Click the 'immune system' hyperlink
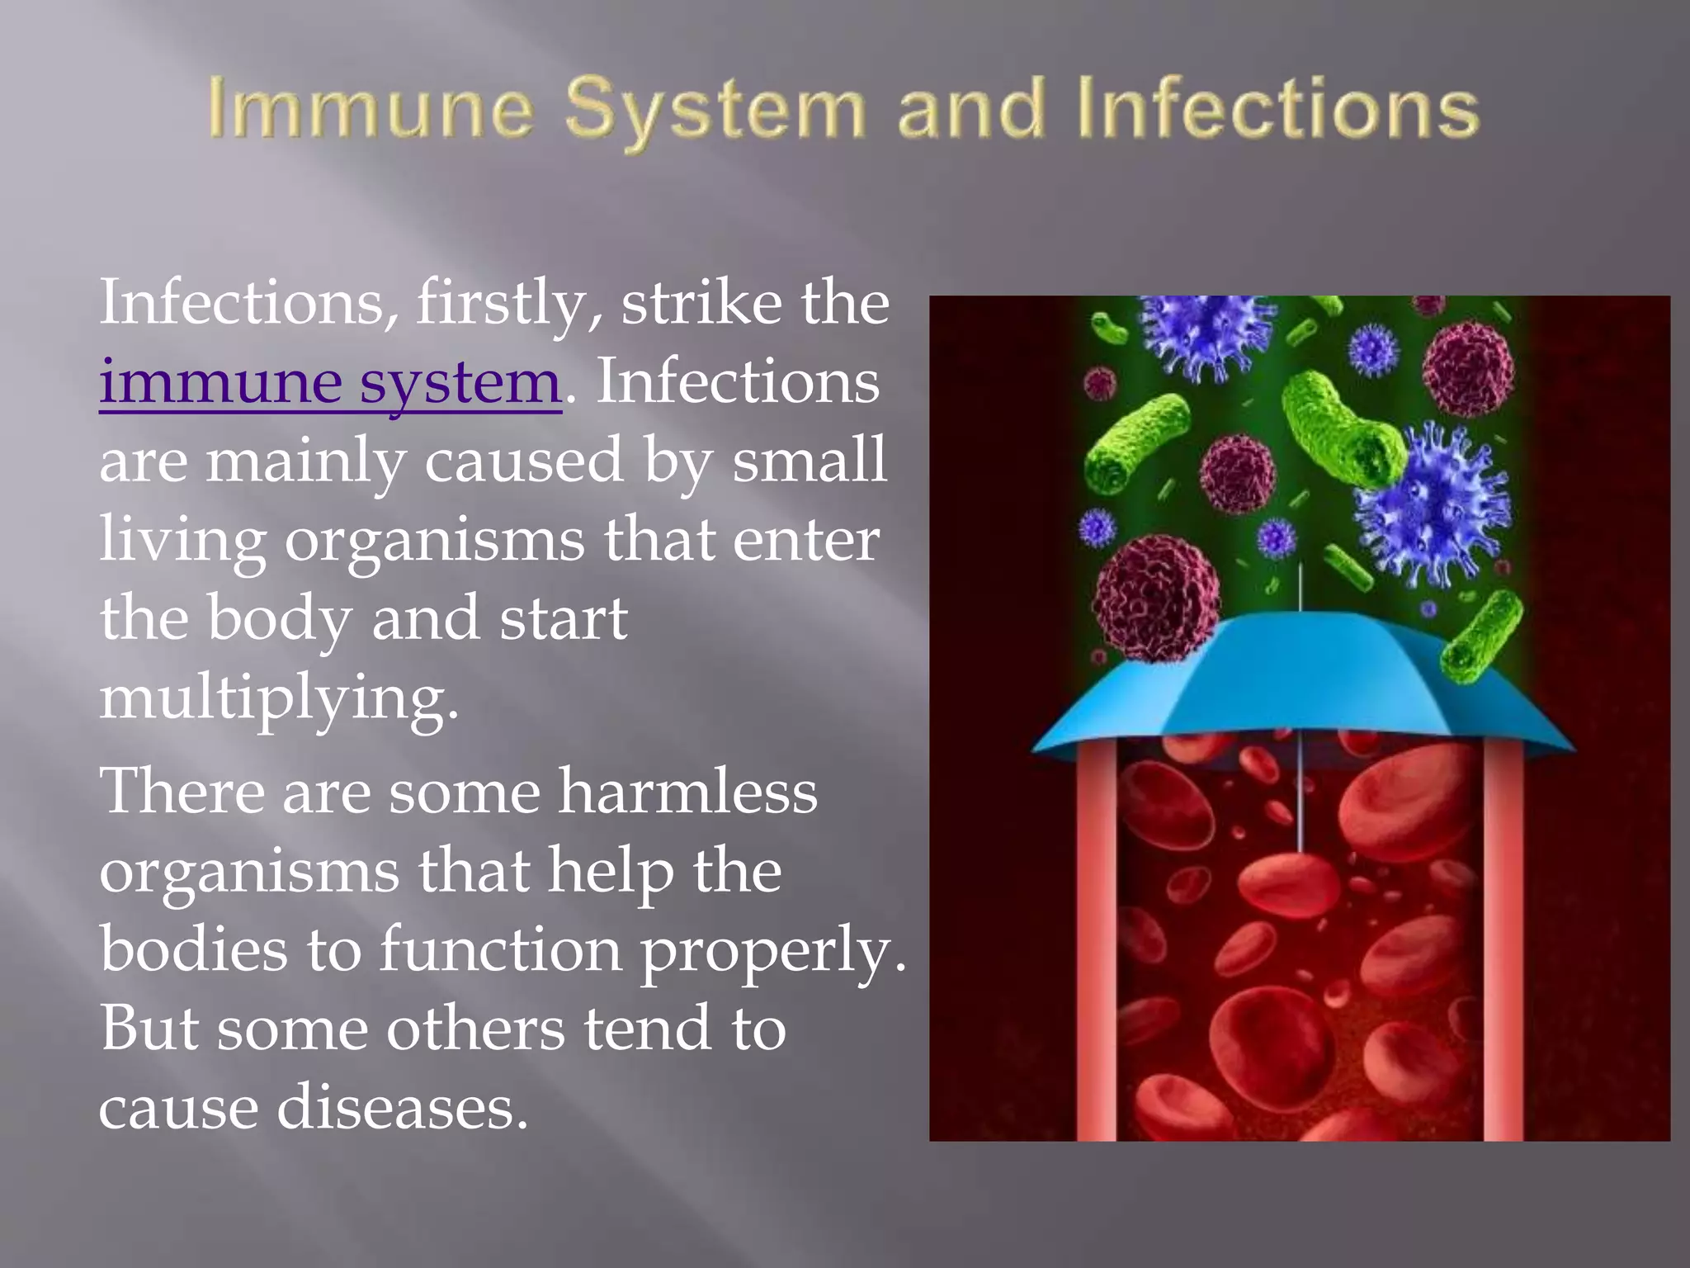tap(330, 382)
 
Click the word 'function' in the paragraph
tap(500, 949)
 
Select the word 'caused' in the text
tap(523, 461)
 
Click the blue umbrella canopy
tap(1304, 685)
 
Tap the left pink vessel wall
tap(1097, 933)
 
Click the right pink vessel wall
tap(1503, 933)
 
